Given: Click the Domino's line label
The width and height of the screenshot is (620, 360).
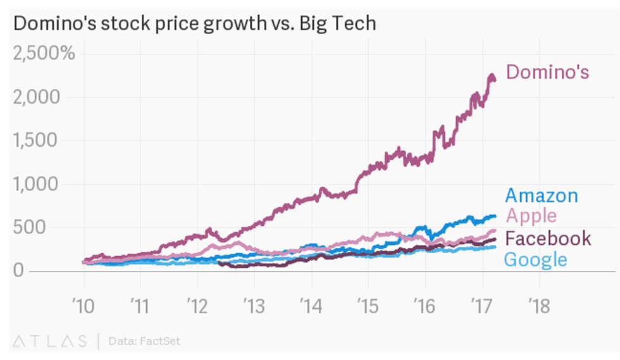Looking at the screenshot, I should tap(547, 72).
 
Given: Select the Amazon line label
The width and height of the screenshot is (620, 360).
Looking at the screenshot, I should tap(542, 196).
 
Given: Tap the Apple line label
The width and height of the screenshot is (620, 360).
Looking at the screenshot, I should tap(531, 216).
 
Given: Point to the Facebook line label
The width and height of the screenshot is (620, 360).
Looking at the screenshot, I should tap(549, 239).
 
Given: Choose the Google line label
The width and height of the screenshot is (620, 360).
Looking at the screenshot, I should tap(535, 259).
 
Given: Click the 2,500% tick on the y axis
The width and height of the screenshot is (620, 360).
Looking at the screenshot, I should tap(44, 53).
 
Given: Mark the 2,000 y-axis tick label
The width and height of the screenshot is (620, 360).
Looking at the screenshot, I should tap(36, 97).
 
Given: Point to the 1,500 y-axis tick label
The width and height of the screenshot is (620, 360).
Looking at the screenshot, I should tap(36, 140).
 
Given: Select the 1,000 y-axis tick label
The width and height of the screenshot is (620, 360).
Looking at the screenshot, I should tap(36, 184).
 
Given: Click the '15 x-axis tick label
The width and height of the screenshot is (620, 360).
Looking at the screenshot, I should tap(367, 307).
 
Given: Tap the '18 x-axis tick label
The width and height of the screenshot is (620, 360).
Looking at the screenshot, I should tap(538, 307).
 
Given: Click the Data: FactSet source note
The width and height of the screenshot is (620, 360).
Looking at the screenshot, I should tap(144, 341).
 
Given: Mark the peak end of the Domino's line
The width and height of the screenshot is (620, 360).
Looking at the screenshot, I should tap(492, 77).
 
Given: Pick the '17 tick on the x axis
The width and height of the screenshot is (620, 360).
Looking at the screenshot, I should tap(481, 307).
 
